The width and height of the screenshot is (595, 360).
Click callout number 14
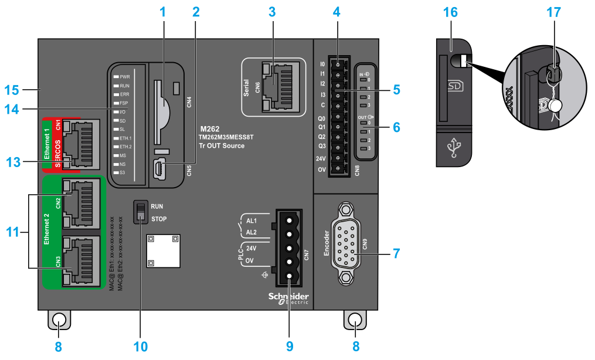(12, 109)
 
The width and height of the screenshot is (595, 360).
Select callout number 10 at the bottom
(141, 346)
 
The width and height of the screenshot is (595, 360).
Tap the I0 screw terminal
(338, 64)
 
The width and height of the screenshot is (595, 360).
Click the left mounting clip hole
(59, 320)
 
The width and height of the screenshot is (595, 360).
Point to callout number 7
(397, 254)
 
